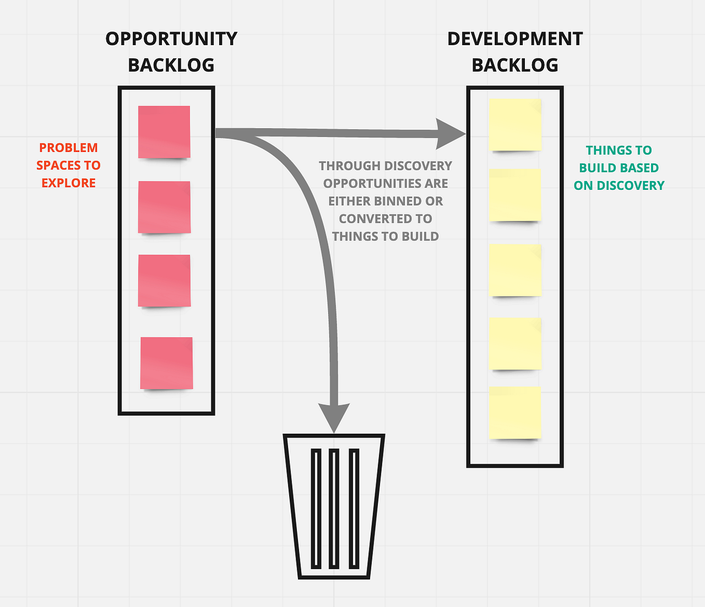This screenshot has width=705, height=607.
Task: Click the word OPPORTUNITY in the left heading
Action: [x=171, y=39]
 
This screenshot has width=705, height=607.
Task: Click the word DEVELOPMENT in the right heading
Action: [x=515, y=39]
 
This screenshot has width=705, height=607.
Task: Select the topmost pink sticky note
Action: [x=164, y=132]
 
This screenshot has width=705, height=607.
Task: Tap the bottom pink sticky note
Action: [x=166, y=363]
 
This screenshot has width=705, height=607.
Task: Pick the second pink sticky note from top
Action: [x=164, y=207]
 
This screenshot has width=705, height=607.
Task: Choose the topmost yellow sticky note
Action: [x=515, y=124]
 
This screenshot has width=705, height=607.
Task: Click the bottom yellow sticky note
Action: [x=515, y=412]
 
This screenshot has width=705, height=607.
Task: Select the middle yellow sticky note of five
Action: [x=515, y=270]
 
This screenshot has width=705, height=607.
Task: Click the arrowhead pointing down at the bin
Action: [x=334, y=417]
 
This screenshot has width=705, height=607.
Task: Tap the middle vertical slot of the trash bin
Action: [x=334, y=508]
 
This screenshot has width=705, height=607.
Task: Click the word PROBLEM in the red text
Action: [x=68, y=148]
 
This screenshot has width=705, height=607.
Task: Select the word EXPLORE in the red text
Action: [x=68, y=183]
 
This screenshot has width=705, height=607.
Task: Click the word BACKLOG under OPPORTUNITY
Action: [x=171, y=65]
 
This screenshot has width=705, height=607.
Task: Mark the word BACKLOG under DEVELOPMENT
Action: [x=515, y=65]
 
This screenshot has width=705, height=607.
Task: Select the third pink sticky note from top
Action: [x=164, y=281]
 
